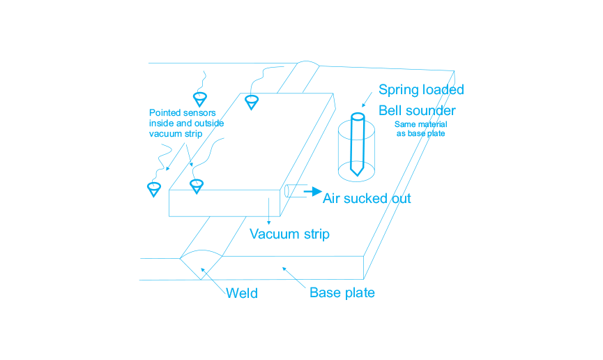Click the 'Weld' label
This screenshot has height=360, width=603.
[241, 294]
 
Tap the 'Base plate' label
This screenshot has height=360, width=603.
[342, 292]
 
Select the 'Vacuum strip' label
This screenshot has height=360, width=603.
[289, 234]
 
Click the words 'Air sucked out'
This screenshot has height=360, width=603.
[367, 198]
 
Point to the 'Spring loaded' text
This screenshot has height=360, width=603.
[421, 90]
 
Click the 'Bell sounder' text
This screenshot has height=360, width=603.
[417, 110]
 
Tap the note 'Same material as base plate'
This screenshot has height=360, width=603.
[421, 129]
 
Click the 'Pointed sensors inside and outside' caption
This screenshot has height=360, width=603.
[186, 118]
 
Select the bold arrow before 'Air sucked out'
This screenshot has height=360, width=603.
[312, 191]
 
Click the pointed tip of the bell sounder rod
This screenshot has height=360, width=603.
[357, 176]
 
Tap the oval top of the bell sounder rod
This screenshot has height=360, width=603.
[358, 117]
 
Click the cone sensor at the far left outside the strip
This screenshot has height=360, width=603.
[154, 190]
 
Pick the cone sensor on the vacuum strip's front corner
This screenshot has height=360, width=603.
[197, 186]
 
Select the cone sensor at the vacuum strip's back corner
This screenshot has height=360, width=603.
[252, 103]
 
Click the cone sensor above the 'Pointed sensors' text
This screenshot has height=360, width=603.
[200, 99]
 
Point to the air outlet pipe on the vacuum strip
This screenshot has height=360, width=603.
[296, 191]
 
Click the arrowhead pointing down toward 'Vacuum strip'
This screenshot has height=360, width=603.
[269, 223]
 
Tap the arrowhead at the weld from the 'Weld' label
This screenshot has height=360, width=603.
[203, 270]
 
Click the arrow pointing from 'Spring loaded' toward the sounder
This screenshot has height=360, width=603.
[367, 100]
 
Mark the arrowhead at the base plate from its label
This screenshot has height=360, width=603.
[284, 269]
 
